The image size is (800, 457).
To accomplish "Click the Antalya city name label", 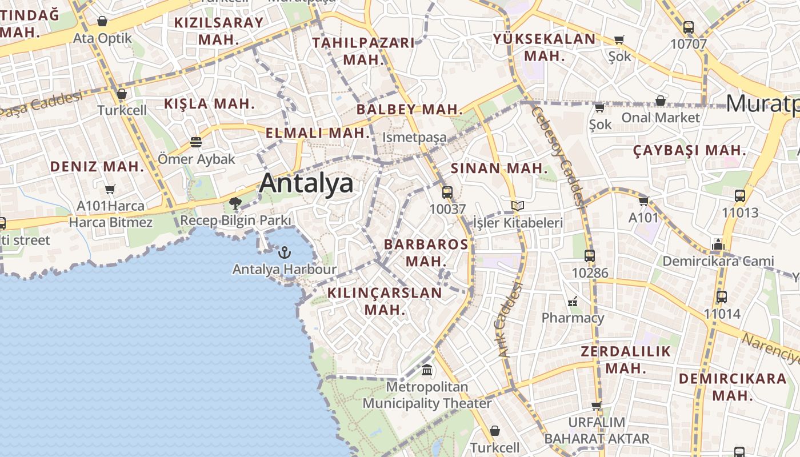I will (306, 183).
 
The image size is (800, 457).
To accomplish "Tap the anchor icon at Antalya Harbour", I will (284, 251).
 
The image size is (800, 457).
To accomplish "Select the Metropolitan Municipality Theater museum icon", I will (427, 370).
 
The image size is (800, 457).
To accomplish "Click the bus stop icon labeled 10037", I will (447, 193).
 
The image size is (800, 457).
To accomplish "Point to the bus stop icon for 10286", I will (590, 256).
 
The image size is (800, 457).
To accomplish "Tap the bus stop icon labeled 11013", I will (740, 196).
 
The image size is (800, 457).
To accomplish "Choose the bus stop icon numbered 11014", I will (722, 297).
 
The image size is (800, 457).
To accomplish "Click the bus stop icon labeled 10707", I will (689, 27).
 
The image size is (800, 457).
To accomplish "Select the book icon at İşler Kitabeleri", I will (518, 206).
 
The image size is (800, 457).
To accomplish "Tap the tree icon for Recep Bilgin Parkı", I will (235, 203).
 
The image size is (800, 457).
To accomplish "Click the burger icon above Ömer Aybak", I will (196, 142).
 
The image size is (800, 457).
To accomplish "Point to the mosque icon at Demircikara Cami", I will (718, 244).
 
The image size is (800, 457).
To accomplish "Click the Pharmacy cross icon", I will (573, 301).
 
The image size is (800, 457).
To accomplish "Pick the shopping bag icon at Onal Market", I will (661, 101).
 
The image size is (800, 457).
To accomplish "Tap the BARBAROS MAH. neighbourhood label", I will (426, 252).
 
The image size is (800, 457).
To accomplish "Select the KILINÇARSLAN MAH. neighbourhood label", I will (385, 301).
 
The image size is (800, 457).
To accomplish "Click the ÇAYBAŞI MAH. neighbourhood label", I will (690, 151).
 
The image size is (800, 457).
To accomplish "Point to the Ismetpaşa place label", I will (414, 138).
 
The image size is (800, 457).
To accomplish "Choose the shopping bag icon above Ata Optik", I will (102, 22).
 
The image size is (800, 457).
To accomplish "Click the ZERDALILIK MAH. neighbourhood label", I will (626, 359).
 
